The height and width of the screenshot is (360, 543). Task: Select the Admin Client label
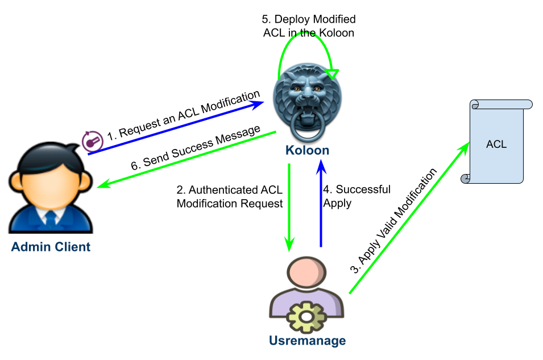[x=51, y=247]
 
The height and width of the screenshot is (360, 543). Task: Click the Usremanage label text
[x=307, y=341]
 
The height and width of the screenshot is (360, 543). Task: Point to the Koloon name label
[x=308, y=151]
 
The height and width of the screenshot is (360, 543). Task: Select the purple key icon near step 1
[x=92, y=141]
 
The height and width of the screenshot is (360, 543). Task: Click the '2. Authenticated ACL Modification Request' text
[x=230, y=197]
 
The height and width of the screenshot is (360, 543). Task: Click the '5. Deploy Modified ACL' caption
[x=309, y=26]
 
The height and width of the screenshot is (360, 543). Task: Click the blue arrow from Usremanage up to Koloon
[x=321, y=205]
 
